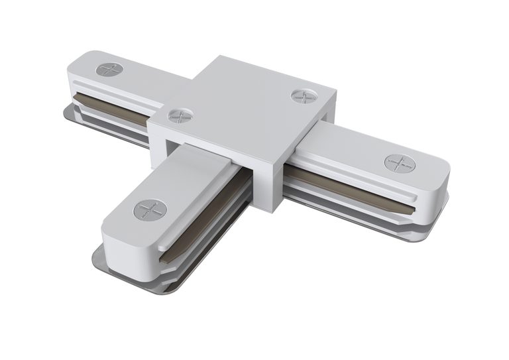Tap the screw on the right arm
(399, 162)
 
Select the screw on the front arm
(150, 211)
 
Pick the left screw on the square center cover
(180, 116)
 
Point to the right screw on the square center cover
(304, 95)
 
